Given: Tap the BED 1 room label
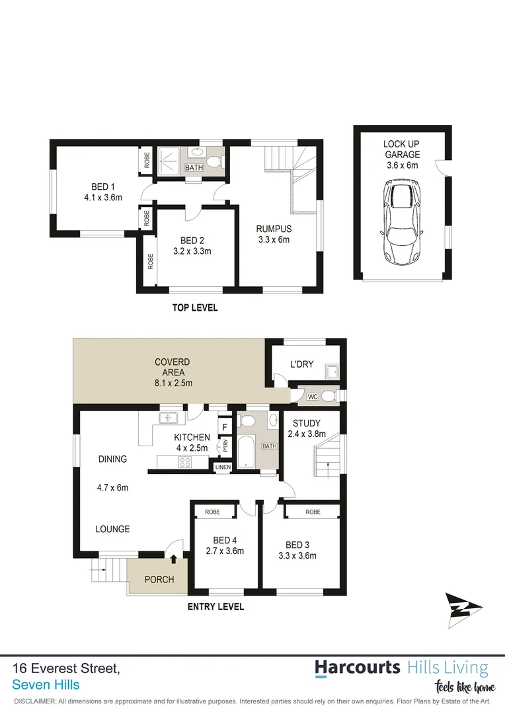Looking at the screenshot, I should (98, 186).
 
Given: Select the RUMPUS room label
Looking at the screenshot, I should (274, 229).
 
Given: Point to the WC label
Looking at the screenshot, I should (313, 397).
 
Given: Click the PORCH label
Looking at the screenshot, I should (159, 580).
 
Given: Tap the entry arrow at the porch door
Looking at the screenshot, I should (173, 559).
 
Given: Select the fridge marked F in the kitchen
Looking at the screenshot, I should (224, 426).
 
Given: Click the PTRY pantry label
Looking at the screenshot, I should (225, 445).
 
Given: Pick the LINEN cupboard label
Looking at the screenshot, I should (223, 468).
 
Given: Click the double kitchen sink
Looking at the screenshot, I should (169, 418).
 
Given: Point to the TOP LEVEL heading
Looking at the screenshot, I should (194, 308).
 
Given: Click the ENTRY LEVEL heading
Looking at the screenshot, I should (215, 607).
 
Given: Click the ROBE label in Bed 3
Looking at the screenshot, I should (313, 512).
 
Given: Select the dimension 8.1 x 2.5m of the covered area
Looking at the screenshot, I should (173, 383).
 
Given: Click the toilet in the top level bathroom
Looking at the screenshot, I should (214, 161).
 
